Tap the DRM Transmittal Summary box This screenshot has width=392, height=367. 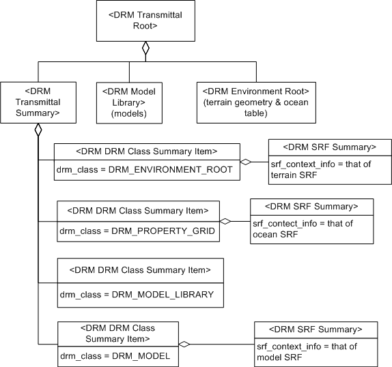click(38, 102)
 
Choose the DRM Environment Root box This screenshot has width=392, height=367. click(257, 102)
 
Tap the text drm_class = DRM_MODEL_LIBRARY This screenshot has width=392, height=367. click(136, 294)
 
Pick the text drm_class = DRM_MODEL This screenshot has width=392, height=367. click(115, 355)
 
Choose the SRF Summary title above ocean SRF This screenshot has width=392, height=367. click(312, 205)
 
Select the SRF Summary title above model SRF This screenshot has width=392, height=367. click(316, 329)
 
